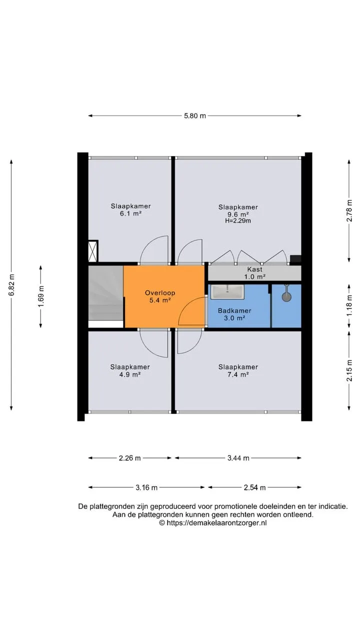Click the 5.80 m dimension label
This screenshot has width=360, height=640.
click(194, 115)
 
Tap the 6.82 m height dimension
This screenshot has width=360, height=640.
click(11, 285)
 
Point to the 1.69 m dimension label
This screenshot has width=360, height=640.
click(41, 296)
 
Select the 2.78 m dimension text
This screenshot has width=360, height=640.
click(349, 210)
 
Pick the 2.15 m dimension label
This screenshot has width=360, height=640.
click(349, 370)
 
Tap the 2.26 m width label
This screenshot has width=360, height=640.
click(129, 458)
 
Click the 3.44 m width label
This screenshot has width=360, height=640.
click(238, 458)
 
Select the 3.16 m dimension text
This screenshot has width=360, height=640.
click(146, 487)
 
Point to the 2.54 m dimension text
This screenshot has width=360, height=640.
click(254, 487)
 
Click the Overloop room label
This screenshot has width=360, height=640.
click(160, 296)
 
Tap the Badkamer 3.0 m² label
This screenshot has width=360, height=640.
click(234, 314)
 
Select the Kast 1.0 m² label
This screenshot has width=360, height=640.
click(255, 273)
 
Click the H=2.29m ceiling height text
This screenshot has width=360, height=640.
click(238, 220)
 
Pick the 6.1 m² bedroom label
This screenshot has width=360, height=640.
click(131, 209)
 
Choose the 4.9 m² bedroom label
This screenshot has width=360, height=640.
click(130, 370)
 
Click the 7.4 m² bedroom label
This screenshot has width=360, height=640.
click(238, 370)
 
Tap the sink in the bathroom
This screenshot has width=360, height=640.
click(227, 291)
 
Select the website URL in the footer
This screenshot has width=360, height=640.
click(213, 523)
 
